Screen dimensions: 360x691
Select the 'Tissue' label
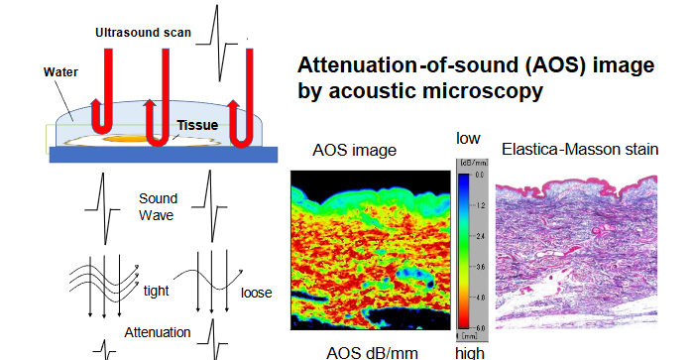(197, 126)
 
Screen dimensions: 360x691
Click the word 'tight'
(157, 290)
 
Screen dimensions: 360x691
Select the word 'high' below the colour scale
(469, 352)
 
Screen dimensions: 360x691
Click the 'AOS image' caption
(354, 151)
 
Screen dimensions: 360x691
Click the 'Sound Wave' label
(158, 206)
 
